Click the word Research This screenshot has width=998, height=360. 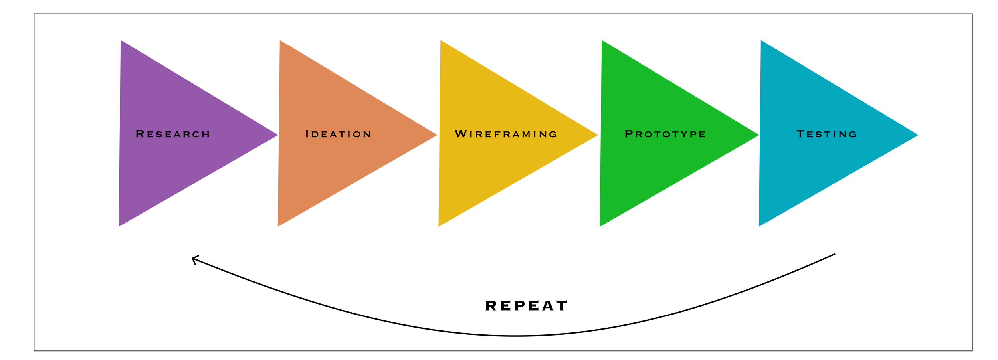tap(172, 134)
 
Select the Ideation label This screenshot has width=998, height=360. tap(338, 134)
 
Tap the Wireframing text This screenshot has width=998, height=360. tap(506, 134)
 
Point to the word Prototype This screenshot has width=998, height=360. tap(665, 134)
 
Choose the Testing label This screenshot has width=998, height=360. tap(827, 134)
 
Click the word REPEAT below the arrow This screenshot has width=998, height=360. tap(526, 306)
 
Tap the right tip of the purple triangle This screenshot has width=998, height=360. tap(277, 135)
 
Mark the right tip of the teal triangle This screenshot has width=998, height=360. tap(917, 135)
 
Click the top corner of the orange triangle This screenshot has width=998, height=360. tap(280, 41)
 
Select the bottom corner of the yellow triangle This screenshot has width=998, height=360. tap(439, 226)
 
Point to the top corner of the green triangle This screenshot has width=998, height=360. tap(602, 41)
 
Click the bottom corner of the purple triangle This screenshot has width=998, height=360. tap(119, 226)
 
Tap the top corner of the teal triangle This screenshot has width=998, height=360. tap(761, 41)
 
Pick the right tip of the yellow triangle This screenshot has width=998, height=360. tap(597, 135)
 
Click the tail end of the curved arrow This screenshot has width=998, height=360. tap(834, 254)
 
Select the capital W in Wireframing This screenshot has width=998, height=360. tap(461, 134)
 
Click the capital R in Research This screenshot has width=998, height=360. tap(140, 134)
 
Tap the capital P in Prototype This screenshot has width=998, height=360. tap(628, 134)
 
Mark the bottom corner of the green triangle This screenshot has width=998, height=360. tap(600, 226)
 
